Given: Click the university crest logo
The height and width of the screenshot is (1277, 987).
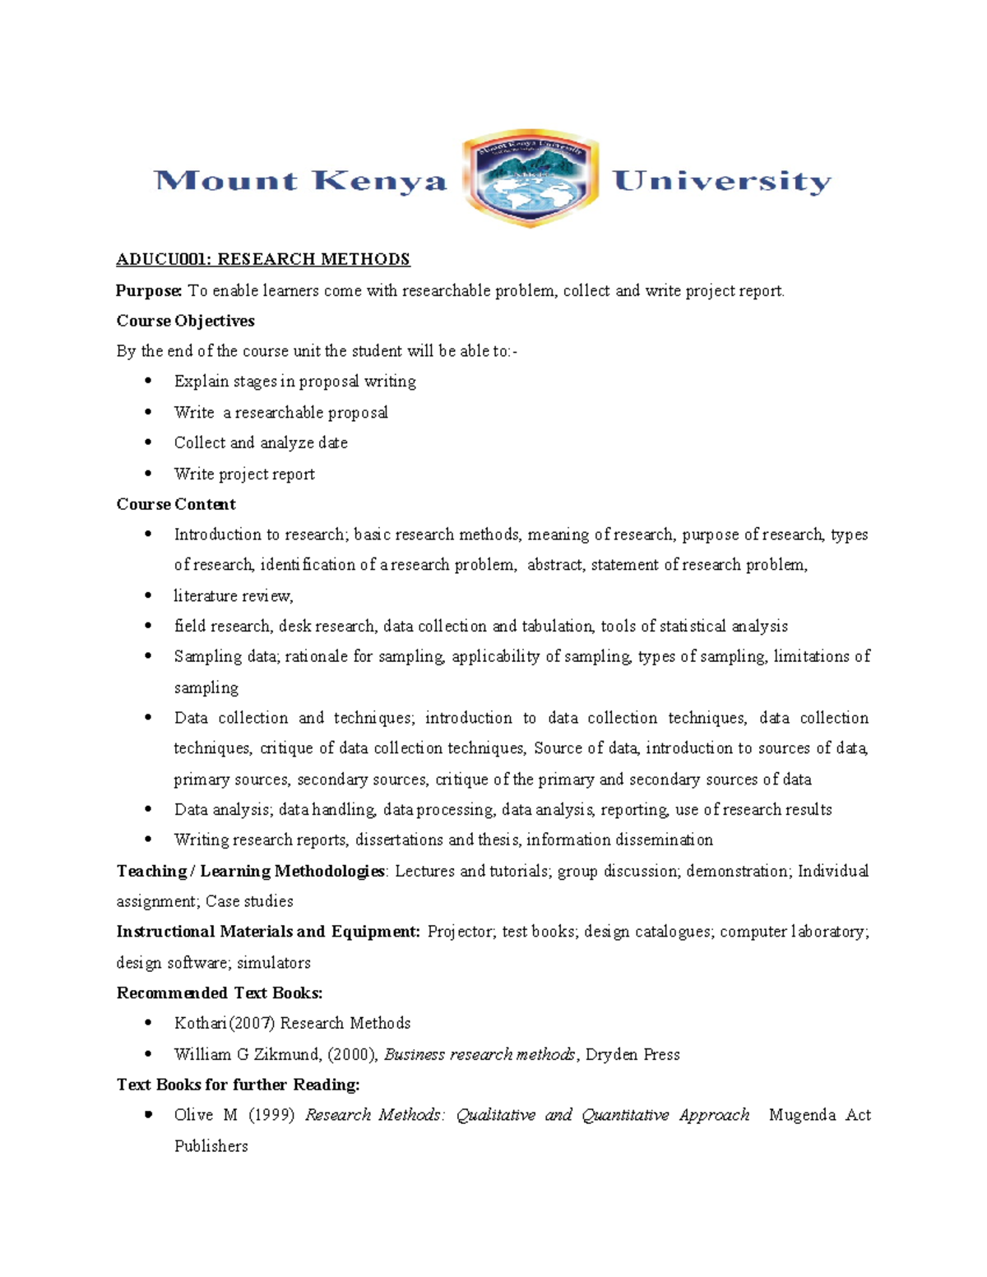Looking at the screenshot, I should tap(531, 178).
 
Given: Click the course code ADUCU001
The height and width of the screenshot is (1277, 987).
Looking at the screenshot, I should tap(162, 260).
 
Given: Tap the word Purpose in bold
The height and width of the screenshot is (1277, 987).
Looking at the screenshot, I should tap(148, 291).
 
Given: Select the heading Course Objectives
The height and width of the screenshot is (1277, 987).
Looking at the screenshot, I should tap(185, 321).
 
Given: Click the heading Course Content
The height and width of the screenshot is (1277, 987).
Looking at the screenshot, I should tap(176, 504).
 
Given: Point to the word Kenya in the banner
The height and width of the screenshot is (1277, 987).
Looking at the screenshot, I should tap(379, 181).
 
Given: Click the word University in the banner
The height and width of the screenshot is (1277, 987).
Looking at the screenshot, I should tap(721, 181).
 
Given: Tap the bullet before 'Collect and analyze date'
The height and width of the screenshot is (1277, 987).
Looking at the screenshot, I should tap(148, 442).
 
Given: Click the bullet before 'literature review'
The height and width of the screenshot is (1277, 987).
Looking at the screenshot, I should tap(148, 595).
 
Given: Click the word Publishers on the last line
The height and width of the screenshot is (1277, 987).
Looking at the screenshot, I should tap(211, 1146).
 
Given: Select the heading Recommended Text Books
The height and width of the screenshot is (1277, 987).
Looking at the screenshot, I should tap(219, 992).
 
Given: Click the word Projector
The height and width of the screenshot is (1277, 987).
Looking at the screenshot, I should tap(461, 932).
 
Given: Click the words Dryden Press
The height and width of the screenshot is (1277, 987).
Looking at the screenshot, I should tap(633, 1054).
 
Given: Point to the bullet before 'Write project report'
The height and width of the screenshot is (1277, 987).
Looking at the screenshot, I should tap(148, 474).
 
